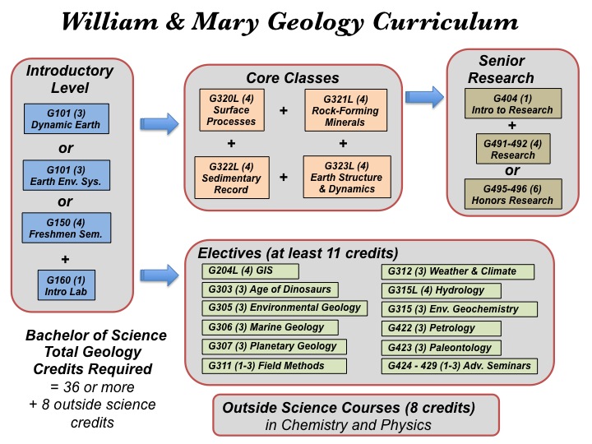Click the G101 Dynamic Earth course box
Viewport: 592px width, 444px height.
click(67, 119)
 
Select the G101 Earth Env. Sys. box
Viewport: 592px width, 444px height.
click(67, 175)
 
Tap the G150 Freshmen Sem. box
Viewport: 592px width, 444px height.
click(67, 228)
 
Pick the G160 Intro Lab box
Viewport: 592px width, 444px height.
click(67, 285)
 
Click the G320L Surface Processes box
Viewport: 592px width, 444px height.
click(232, 110)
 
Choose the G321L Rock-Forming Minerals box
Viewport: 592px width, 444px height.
click(346, 110)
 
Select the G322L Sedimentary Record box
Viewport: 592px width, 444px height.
click(232, 178)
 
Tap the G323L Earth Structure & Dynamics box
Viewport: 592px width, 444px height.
click(347, 177)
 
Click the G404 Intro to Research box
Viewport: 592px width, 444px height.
click(513, 104)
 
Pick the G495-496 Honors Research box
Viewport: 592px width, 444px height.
click(513, 194)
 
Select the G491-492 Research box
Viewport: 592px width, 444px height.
click(513, 149)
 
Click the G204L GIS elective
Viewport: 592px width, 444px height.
click(250, 271)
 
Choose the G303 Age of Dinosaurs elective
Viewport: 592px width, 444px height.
click(270, 289)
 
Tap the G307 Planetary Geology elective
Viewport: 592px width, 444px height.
click(274, 346)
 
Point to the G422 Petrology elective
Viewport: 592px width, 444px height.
click(442, 328)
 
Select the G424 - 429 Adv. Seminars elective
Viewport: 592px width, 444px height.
click(460, 366)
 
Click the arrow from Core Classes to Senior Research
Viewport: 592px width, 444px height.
click(424, 97)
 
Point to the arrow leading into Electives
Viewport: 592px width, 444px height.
click(160, 275)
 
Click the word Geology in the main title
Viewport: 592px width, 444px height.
click(316, 23)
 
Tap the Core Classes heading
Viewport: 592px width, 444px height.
click(293, 78)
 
